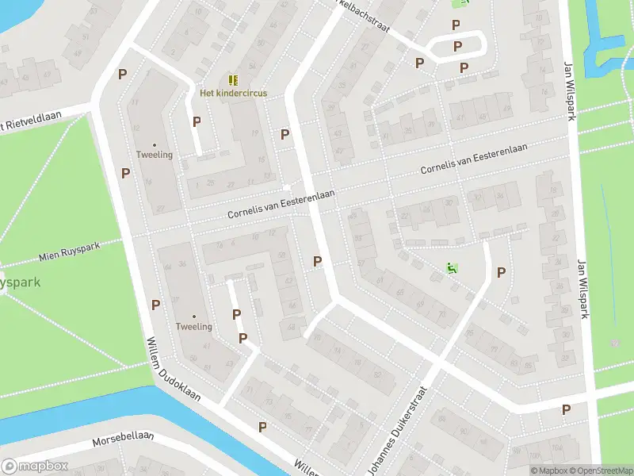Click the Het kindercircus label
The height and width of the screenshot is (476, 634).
pyautogui.click(x=232, y=93)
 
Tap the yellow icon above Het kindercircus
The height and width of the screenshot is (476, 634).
pyautogui.click(x=233, y=80)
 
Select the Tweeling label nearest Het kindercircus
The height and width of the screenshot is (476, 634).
pyautogui.click(x=155, y=155)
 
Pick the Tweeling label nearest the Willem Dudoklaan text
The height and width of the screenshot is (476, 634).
pyautogui.click(x=194, y=327)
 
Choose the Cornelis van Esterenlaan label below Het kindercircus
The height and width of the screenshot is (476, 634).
pyautogui.click(x=281, y=205)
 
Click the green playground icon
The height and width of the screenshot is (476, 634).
pyautogui.click(x=452, y=268)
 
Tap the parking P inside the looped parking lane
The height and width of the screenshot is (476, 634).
pyautogui.click(x=457, y=47)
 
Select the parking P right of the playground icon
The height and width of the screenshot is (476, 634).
pyautogui.click(x=501, y=273)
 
